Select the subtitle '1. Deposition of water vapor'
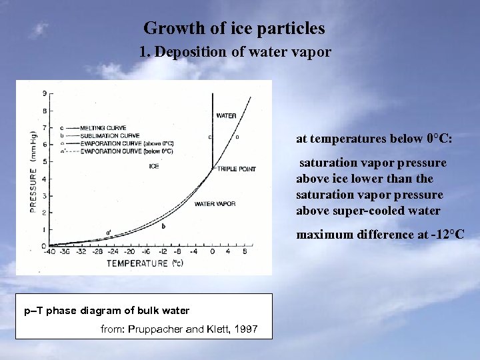pos(235,52)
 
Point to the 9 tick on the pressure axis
pos(44,93)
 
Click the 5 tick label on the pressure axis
pos(44,161)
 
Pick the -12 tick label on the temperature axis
pos(162,252)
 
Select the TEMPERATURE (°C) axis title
pos(147,264)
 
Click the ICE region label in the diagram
pos(154,165)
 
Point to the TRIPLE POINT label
pos(236,169)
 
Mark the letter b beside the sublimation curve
pos(163,226)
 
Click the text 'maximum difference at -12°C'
pos(380,235)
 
